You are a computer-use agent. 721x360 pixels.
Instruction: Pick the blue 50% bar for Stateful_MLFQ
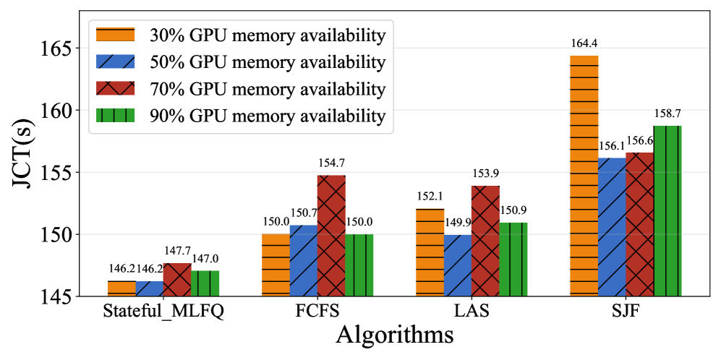pyautogui.click(x=149, y=288)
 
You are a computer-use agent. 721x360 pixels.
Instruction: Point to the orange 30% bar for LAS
pyautogui.click(x=430, y=252)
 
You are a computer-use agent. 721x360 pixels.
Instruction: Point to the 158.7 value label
pyautogui.click(x=667, y=113)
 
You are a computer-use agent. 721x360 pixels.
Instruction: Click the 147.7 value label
pyautogui.click(x=177, y=251)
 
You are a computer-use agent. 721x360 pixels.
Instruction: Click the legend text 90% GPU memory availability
pyautogui.click(x=267, y=115)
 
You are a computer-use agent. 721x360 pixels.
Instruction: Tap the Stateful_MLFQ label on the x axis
pyautogui.click(x=163, y=313)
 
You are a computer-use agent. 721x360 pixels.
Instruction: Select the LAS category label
pyautogui.click(x=472, y=313)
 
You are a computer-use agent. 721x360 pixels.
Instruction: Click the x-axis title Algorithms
pyautogui.click(x=394, y=336)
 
